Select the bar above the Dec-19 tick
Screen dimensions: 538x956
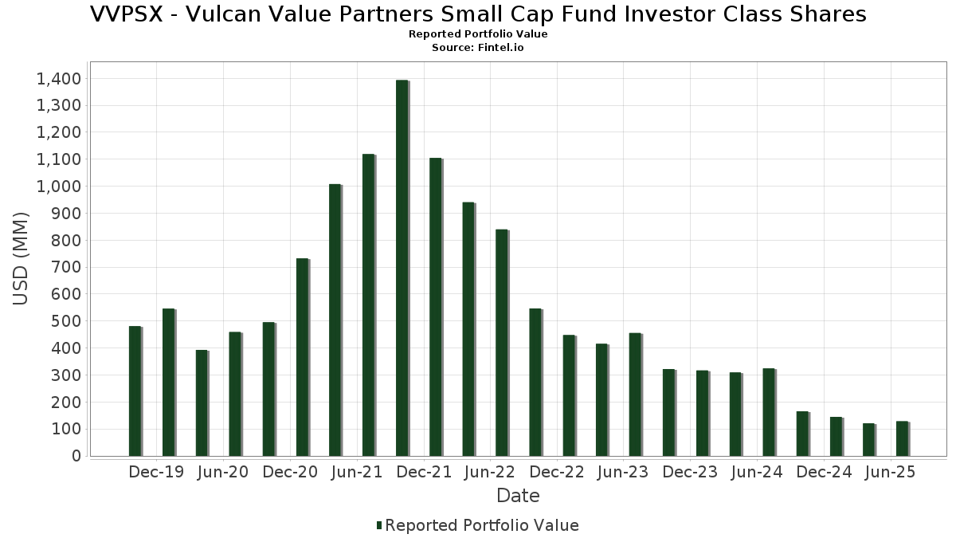click(168, 383)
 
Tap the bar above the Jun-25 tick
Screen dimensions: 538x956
click(902, 438)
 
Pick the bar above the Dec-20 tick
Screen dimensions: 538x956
click(302, 357)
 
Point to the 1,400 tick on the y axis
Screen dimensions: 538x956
click(58, 78)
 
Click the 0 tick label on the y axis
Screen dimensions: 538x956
click(76, 456)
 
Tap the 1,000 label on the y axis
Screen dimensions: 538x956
click(58, 186)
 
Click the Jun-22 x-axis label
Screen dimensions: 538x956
click(491, 472)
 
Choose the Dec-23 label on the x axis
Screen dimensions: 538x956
click(690, 472)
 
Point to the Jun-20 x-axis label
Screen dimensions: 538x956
click(223, 472)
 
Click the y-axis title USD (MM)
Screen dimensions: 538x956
click(22, 258)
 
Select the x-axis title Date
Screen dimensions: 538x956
click(518, 496)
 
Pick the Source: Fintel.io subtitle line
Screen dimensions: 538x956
click(478, 48)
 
